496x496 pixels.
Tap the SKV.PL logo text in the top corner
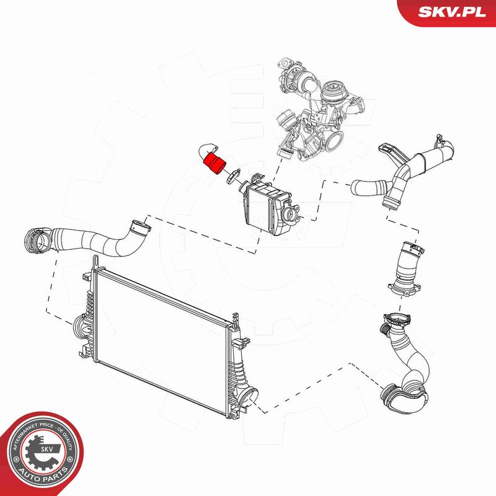pos(452,12)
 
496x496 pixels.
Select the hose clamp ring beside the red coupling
pos(233,176)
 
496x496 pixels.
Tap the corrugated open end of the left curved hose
pos(37,241)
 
